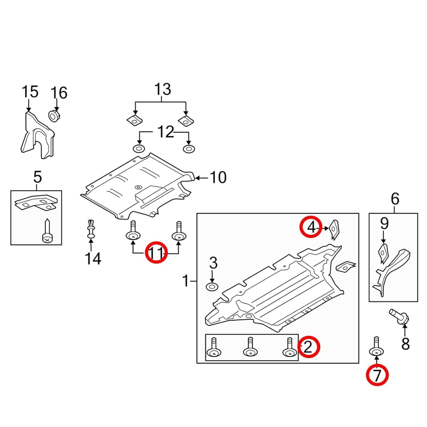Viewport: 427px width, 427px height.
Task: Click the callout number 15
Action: click(x=30, y=92)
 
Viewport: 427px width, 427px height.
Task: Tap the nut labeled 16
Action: click(x=54, y=116)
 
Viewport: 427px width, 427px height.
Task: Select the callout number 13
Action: click(x=163, y=89)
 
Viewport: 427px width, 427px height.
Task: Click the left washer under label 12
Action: click(x=139, y=149)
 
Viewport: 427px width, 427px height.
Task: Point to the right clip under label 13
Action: click(x=186, y=122)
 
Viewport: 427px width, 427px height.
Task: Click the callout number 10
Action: click(x=218, y=177)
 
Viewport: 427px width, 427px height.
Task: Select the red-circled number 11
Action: click(x=156, y=252)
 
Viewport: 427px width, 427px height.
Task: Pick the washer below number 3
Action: click(x=212, y=287)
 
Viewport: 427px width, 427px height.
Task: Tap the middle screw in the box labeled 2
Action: click(x=250, y=348)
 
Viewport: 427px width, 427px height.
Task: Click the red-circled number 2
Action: click(x=309, y=347)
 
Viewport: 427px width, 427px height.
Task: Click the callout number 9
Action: click(x=384, y=224)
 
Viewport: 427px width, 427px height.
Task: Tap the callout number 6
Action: click(x=395, y=199)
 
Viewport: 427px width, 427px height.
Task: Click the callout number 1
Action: click(x=186, y=281)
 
